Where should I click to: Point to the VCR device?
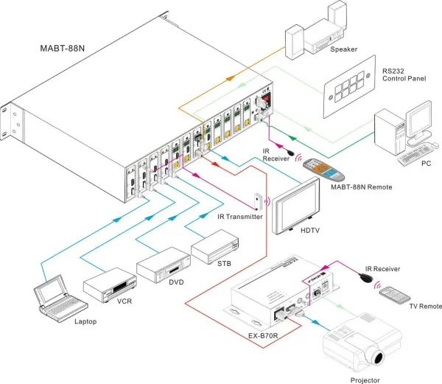click(110, 284)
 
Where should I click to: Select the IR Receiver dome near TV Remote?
click(364, 279)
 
